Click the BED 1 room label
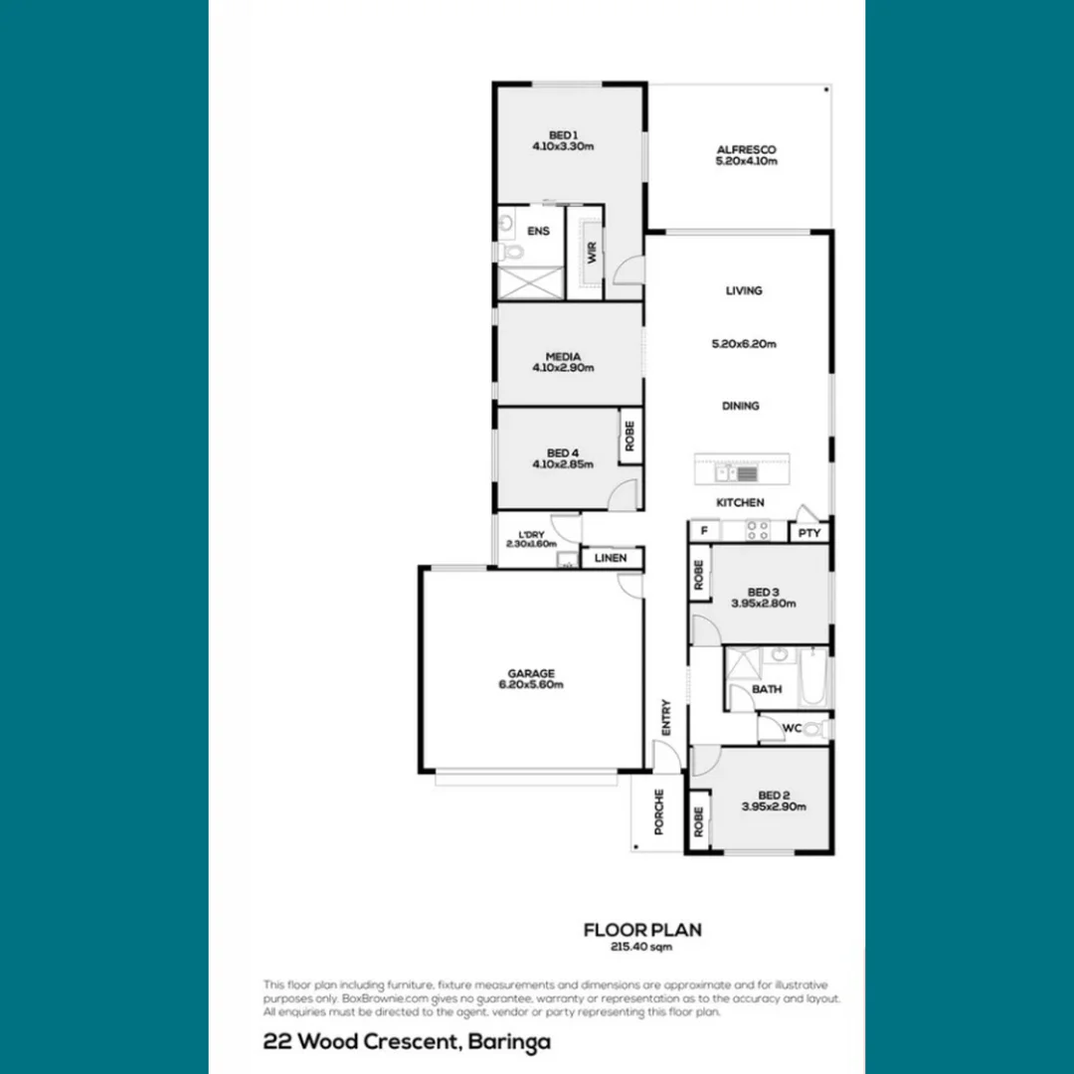pyautogui.click(x=563, y=135)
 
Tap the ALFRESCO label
pyautogui.click(x=746, y=150)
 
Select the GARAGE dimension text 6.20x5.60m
pyautogui.click(x=531, y=684)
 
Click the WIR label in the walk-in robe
pyautogui.click(x=592, y=252)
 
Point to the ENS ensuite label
pyautogui.click(x=538, y=232)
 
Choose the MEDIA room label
pyautogui.click(x=563, y=356)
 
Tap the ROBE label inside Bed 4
pyautogui.click(x=629, y=436)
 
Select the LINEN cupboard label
pyautogui.click(x=611, y=558)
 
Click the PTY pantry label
pyautogui.click(x=809, y=533)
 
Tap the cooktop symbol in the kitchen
pyautogui.click(x=756, y=531)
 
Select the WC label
pyautogui.click(x=792, y=728)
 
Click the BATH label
pyautogui.click(x=767, y=689)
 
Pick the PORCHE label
pyautogui.click(x=658, y=812)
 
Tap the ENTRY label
pyautogui.click(x=666, y=718)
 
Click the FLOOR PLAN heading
pyautogui.click(x=642, y=931)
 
